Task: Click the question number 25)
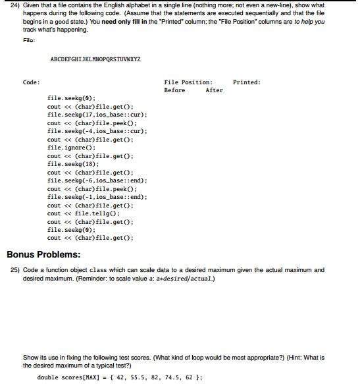coord(14,270)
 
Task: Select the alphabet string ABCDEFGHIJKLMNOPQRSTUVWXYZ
coord(95,59)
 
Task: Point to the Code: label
coord(31,82)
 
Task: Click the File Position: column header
coord(188,82)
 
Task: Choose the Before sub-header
coord(174,90)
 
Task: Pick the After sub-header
coord(214,90)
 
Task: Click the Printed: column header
coord(247,82)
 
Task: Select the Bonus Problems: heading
coord(43,254)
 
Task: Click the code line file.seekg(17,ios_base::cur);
coord(97,115)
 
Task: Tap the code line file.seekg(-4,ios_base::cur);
coord(97,131)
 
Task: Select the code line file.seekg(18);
coord(72,164)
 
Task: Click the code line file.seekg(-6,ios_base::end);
coord(97,180)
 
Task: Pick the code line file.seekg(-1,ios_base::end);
coord(97,197)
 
